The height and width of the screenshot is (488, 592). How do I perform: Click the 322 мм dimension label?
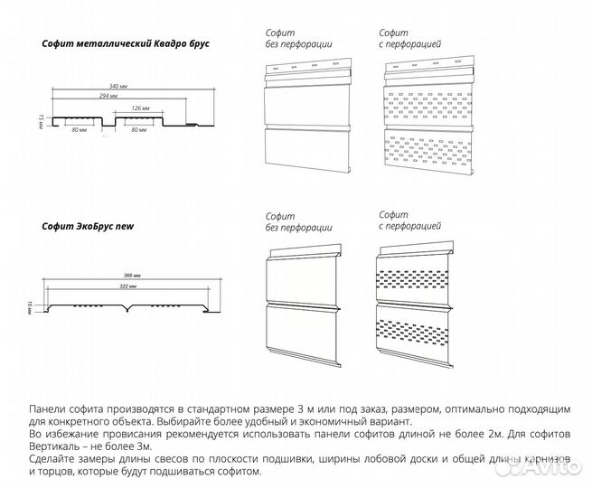127,286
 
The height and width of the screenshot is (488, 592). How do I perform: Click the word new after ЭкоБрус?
125,225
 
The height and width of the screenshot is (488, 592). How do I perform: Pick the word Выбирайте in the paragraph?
186,421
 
